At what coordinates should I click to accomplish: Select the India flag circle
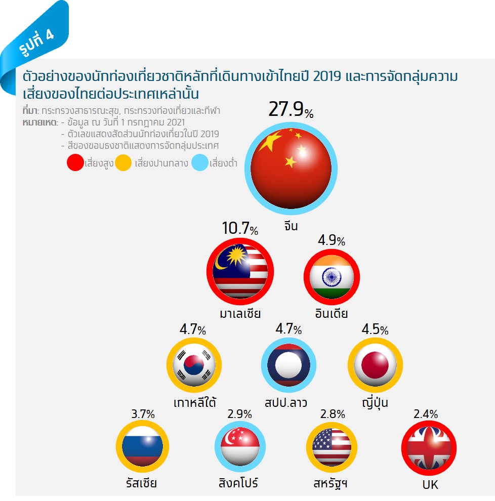[332, 276]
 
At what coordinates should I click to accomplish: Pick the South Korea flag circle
[194, 364]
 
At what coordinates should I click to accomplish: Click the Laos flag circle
[288, 364]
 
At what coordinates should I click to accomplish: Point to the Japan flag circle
[375, 364]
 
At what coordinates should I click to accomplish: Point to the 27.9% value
[291, 110]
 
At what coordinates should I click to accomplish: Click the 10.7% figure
[240, 229]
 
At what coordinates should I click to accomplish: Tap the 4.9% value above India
[332, 240]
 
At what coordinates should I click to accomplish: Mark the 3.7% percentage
[143, 414]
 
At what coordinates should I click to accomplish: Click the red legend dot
[75, 163]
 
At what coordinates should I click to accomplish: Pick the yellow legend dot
[124, 163]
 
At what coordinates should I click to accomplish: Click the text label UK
[430, 485]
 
